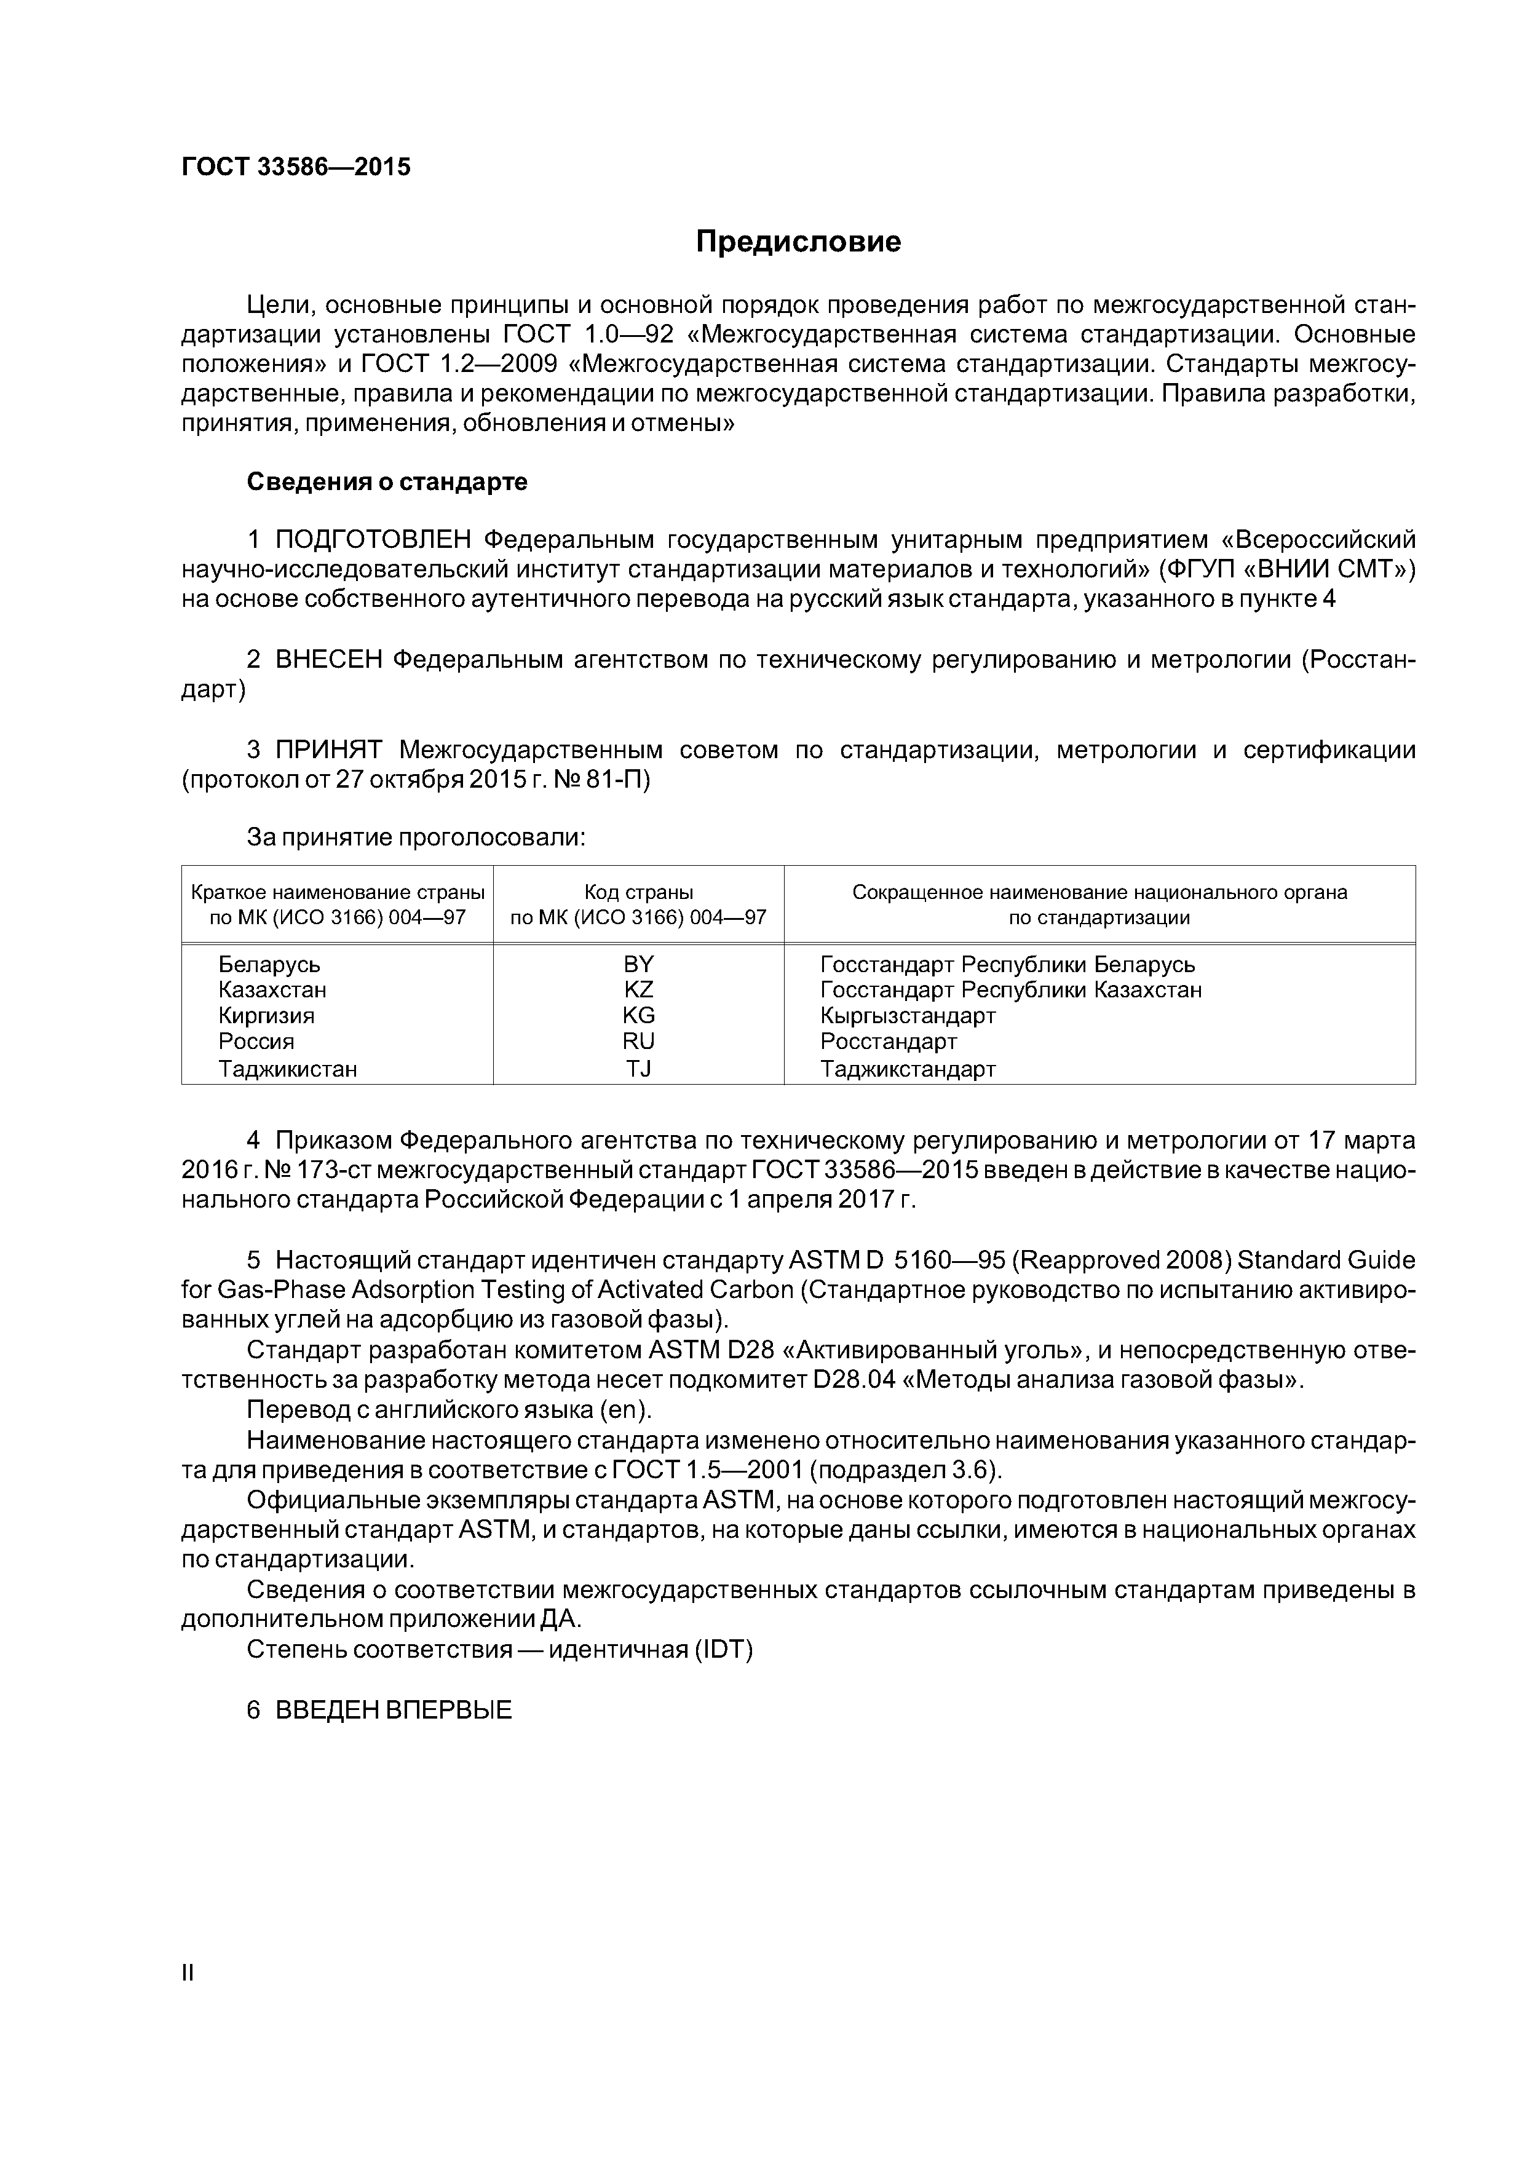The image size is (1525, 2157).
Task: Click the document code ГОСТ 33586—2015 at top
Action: click(296, 167)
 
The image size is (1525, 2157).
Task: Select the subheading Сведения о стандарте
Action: click(387, 482)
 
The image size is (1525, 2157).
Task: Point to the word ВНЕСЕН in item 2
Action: click(329, 660)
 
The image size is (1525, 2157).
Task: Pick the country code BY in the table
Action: click(638, 964)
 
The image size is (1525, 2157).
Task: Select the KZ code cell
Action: click(638, 989)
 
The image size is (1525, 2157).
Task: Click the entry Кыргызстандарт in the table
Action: click(908, 1016)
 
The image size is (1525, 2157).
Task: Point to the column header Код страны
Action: click(638, 892)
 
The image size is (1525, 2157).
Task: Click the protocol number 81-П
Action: click(617, 780)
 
